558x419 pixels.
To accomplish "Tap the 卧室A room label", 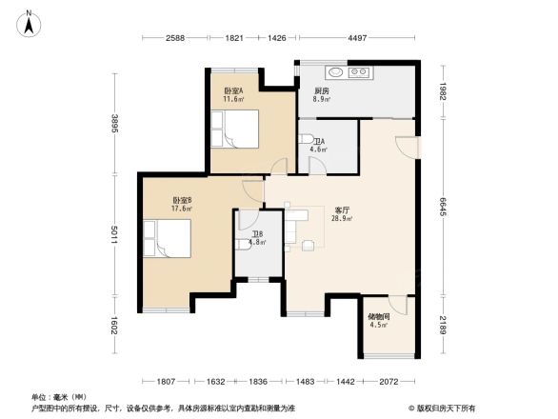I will (233, 91).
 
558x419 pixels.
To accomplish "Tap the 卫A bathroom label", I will (318, 142).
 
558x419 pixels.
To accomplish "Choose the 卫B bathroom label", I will (257, 234).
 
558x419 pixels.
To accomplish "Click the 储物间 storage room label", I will (378, 317).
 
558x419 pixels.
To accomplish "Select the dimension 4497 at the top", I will (357, 38).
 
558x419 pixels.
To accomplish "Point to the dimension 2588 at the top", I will (173, 38).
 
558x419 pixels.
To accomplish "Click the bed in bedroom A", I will (238, 129).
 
